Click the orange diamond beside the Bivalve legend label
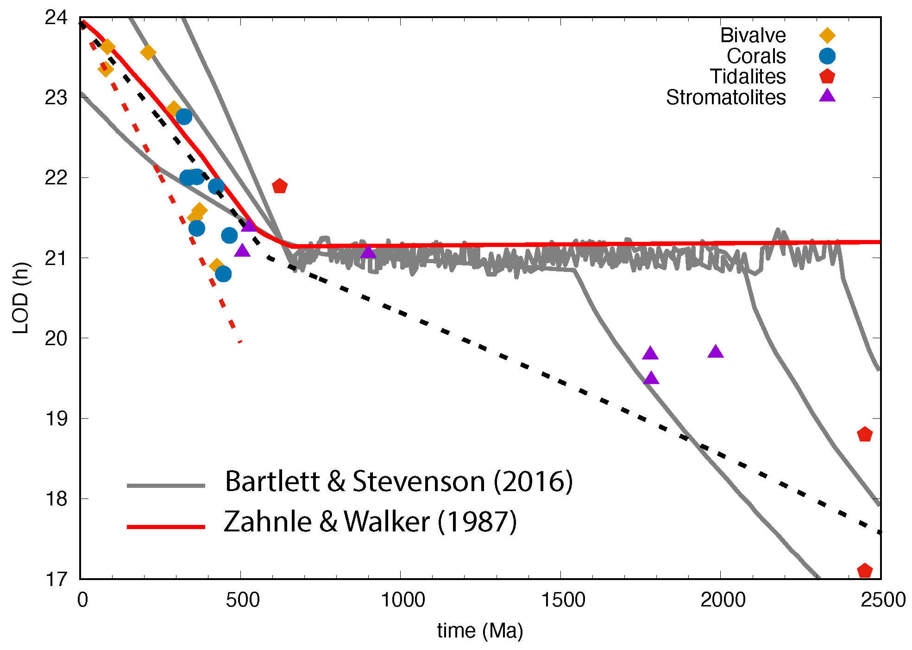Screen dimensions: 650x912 pos(827,36)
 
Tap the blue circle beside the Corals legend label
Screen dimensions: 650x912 pos(827,56)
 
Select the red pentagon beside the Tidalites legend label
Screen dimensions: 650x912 pos(827,76)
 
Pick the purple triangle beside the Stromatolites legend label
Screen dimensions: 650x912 pos(827,96)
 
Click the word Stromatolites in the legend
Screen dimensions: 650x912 pos(725,97)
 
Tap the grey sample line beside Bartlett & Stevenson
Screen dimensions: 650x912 pos(166,486)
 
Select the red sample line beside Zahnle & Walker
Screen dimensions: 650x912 pos(166,527)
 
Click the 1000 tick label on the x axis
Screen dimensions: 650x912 pos(403,600)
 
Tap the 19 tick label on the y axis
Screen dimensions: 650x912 pos(56,419)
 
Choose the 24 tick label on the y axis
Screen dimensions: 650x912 pos(56,18)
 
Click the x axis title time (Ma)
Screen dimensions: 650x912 pos(480,631)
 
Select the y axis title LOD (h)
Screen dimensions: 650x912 pos(21,298)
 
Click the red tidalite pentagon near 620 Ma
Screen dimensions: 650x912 pos(280,186)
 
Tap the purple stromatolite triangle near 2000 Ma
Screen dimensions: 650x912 pos(716,352)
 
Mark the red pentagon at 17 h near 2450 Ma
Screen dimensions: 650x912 pos(865,570)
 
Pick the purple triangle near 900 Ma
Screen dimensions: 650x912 pos(368,252)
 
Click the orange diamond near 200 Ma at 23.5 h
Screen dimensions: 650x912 pos(148,52)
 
